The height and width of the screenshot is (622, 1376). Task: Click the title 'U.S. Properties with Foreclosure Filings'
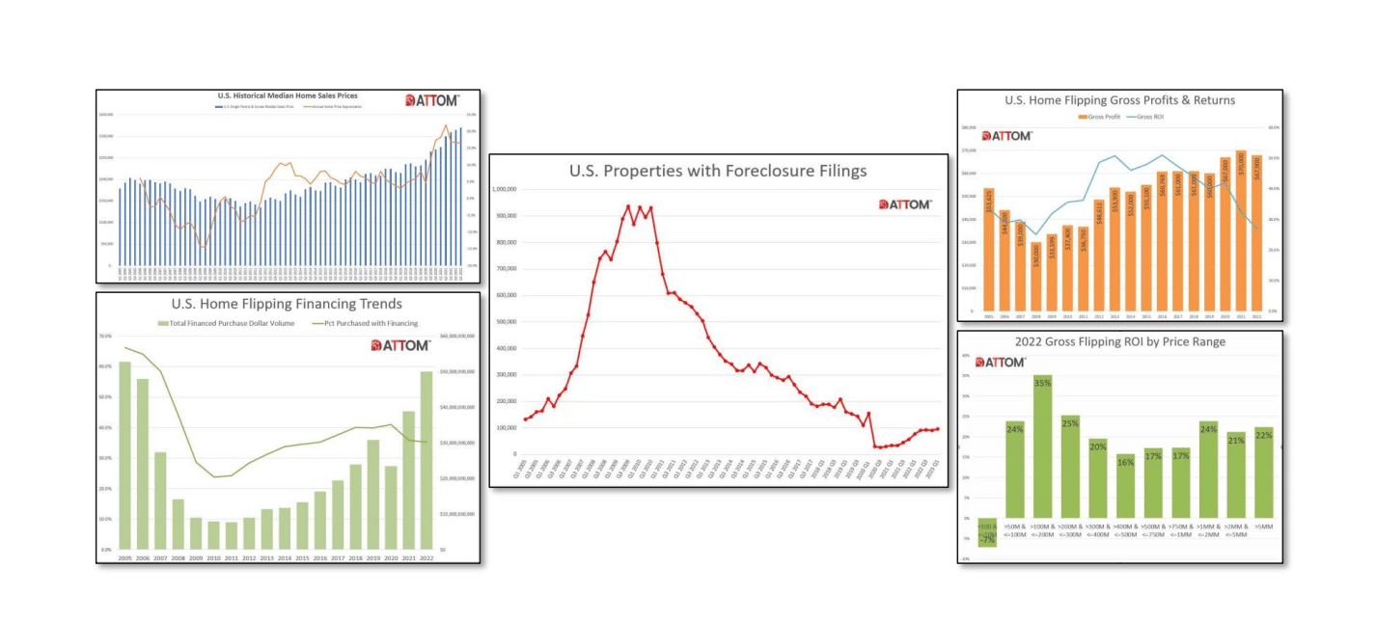click(x=718, y=172)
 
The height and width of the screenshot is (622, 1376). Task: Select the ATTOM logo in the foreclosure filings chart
click(x=904, y=204)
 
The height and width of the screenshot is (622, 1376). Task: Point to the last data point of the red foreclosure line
click(x=937, y=429)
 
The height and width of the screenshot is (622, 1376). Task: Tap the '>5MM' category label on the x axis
click(x=1264, y=527)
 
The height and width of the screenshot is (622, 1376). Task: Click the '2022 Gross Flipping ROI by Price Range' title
click(x=1119, y=341)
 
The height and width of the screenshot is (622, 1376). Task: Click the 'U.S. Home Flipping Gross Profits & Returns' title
click(x=1119, y=100)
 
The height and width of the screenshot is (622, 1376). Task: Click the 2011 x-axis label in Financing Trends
click(x=231, y=558)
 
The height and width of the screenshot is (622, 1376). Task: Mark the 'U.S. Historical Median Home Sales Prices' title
click(x=287, y=96)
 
